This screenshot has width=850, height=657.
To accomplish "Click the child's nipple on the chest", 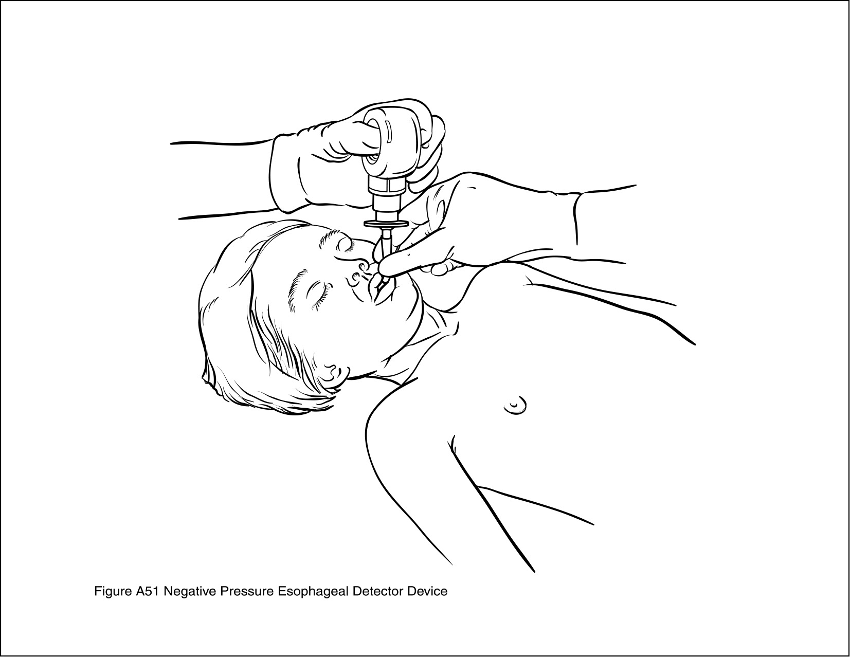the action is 515,407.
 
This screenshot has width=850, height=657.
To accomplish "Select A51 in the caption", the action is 148,591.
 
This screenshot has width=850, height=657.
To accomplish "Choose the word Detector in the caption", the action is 377,591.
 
